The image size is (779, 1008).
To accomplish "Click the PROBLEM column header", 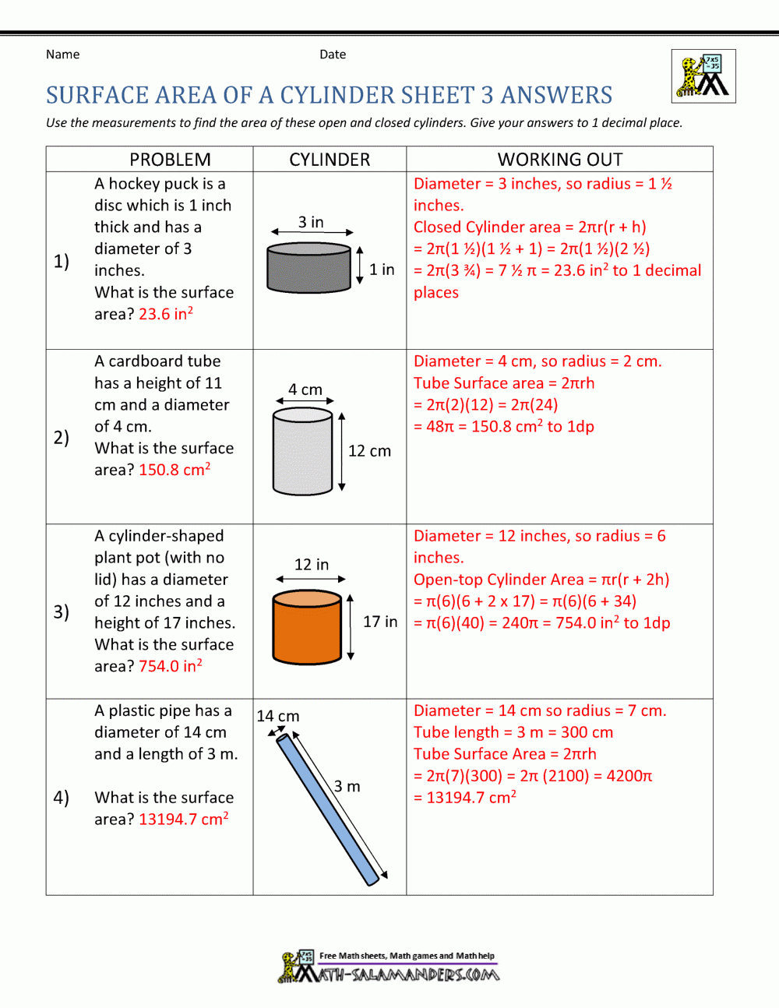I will click(x=170, y=160).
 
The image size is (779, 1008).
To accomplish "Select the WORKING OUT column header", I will click(x=560, y=160).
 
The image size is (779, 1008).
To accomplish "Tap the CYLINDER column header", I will click(x=330, y=160).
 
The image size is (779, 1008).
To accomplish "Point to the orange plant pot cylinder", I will click(x=308, y=629).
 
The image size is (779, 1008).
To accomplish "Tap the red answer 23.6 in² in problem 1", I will click(x=166, y=314).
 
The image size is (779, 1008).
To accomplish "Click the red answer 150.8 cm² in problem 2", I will click(x=174, y=470).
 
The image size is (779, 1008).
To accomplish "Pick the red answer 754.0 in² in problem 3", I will click(x=171, y=666).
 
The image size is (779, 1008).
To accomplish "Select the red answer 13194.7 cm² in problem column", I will click(x=184, y=819).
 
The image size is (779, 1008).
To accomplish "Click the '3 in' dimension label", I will click(x=311, y=222).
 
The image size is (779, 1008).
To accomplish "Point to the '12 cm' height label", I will click(x=369, y=451).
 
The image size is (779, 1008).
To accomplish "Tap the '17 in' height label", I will click(x=380, y=622).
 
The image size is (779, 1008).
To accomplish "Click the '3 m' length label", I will click(x=347, y=786).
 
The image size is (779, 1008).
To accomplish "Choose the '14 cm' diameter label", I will click(x=278, y=716).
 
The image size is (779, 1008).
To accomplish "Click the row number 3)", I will click(x=62, y=611).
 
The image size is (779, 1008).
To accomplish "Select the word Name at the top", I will click(x=62, y=55).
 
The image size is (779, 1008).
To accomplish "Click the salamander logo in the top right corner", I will click(x=703, y=76).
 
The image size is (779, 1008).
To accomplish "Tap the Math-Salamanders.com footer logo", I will click(x=389, y=967).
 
